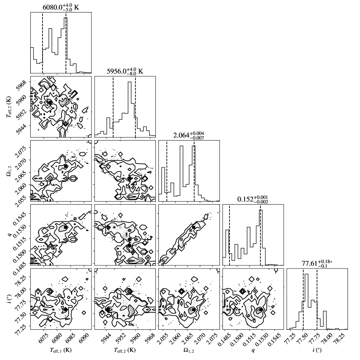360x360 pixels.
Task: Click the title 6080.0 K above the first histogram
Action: [x=61, y=7]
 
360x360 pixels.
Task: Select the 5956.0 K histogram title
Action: [x=125, y=71]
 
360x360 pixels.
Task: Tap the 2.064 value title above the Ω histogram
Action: [x=189, y=135]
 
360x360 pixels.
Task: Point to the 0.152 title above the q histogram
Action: [x=252, y=199]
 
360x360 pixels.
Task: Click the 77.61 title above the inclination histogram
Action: [x=317, y=264]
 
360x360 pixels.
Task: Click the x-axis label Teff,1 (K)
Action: [x=61, y=350]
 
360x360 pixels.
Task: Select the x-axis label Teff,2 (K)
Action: [x=124, y=350]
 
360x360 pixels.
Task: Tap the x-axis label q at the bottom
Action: [x=253, y=350]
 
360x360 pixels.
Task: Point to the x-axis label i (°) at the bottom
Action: [x=317, y=350]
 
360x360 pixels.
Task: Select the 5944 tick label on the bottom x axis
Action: [x=105, y=338]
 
